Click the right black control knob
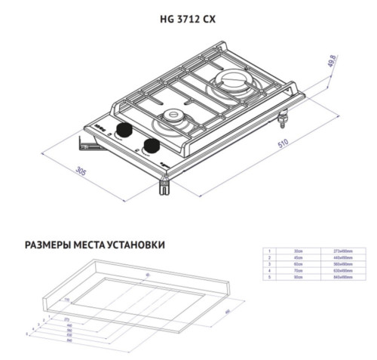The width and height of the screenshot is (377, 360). (x=150, y=145)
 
